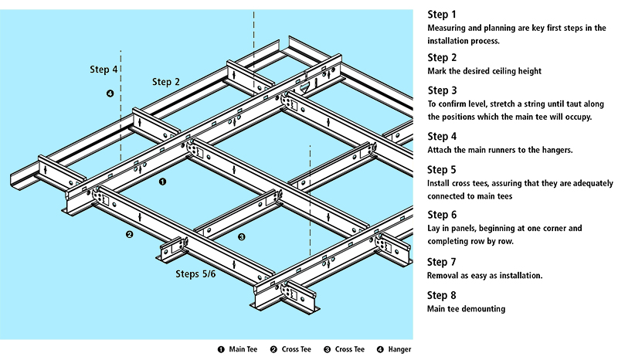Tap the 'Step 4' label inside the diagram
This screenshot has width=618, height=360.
coord(104,70)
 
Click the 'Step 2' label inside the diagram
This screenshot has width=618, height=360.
coord(166,82)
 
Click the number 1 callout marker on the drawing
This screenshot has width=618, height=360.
coord(162,183)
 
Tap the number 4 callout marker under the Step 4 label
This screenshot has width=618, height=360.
coord(110,94)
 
